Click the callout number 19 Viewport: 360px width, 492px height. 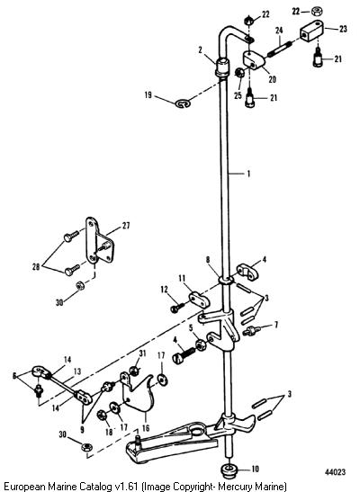(148, 94)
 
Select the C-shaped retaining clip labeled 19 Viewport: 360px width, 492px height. (183, 103)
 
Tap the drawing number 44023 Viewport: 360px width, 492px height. (335, 472)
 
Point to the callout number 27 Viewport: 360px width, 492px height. (126, 225)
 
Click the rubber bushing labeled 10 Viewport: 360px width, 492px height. (230, 470)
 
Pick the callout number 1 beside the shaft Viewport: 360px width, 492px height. (248, 174)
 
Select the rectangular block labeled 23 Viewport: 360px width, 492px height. (311, 31)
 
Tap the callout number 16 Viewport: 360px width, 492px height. (146, 427)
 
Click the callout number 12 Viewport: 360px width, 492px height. (164, 289)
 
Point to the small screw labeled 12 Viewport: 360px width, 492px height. (177, 308)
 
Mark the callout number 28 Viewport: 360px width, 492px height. (36, 267)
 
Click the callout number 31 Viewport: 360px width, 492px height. (142, 353)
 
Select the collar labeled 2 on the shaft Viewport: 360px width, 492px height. (222, 67)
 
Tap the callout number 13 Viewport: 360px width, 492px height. (77, 371)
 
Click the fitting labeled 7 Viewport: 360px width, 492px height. (253, 331)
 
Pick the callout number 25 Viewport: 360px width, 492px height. (238, 94)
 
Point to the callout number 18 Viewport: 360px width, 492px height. (109, 432)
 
